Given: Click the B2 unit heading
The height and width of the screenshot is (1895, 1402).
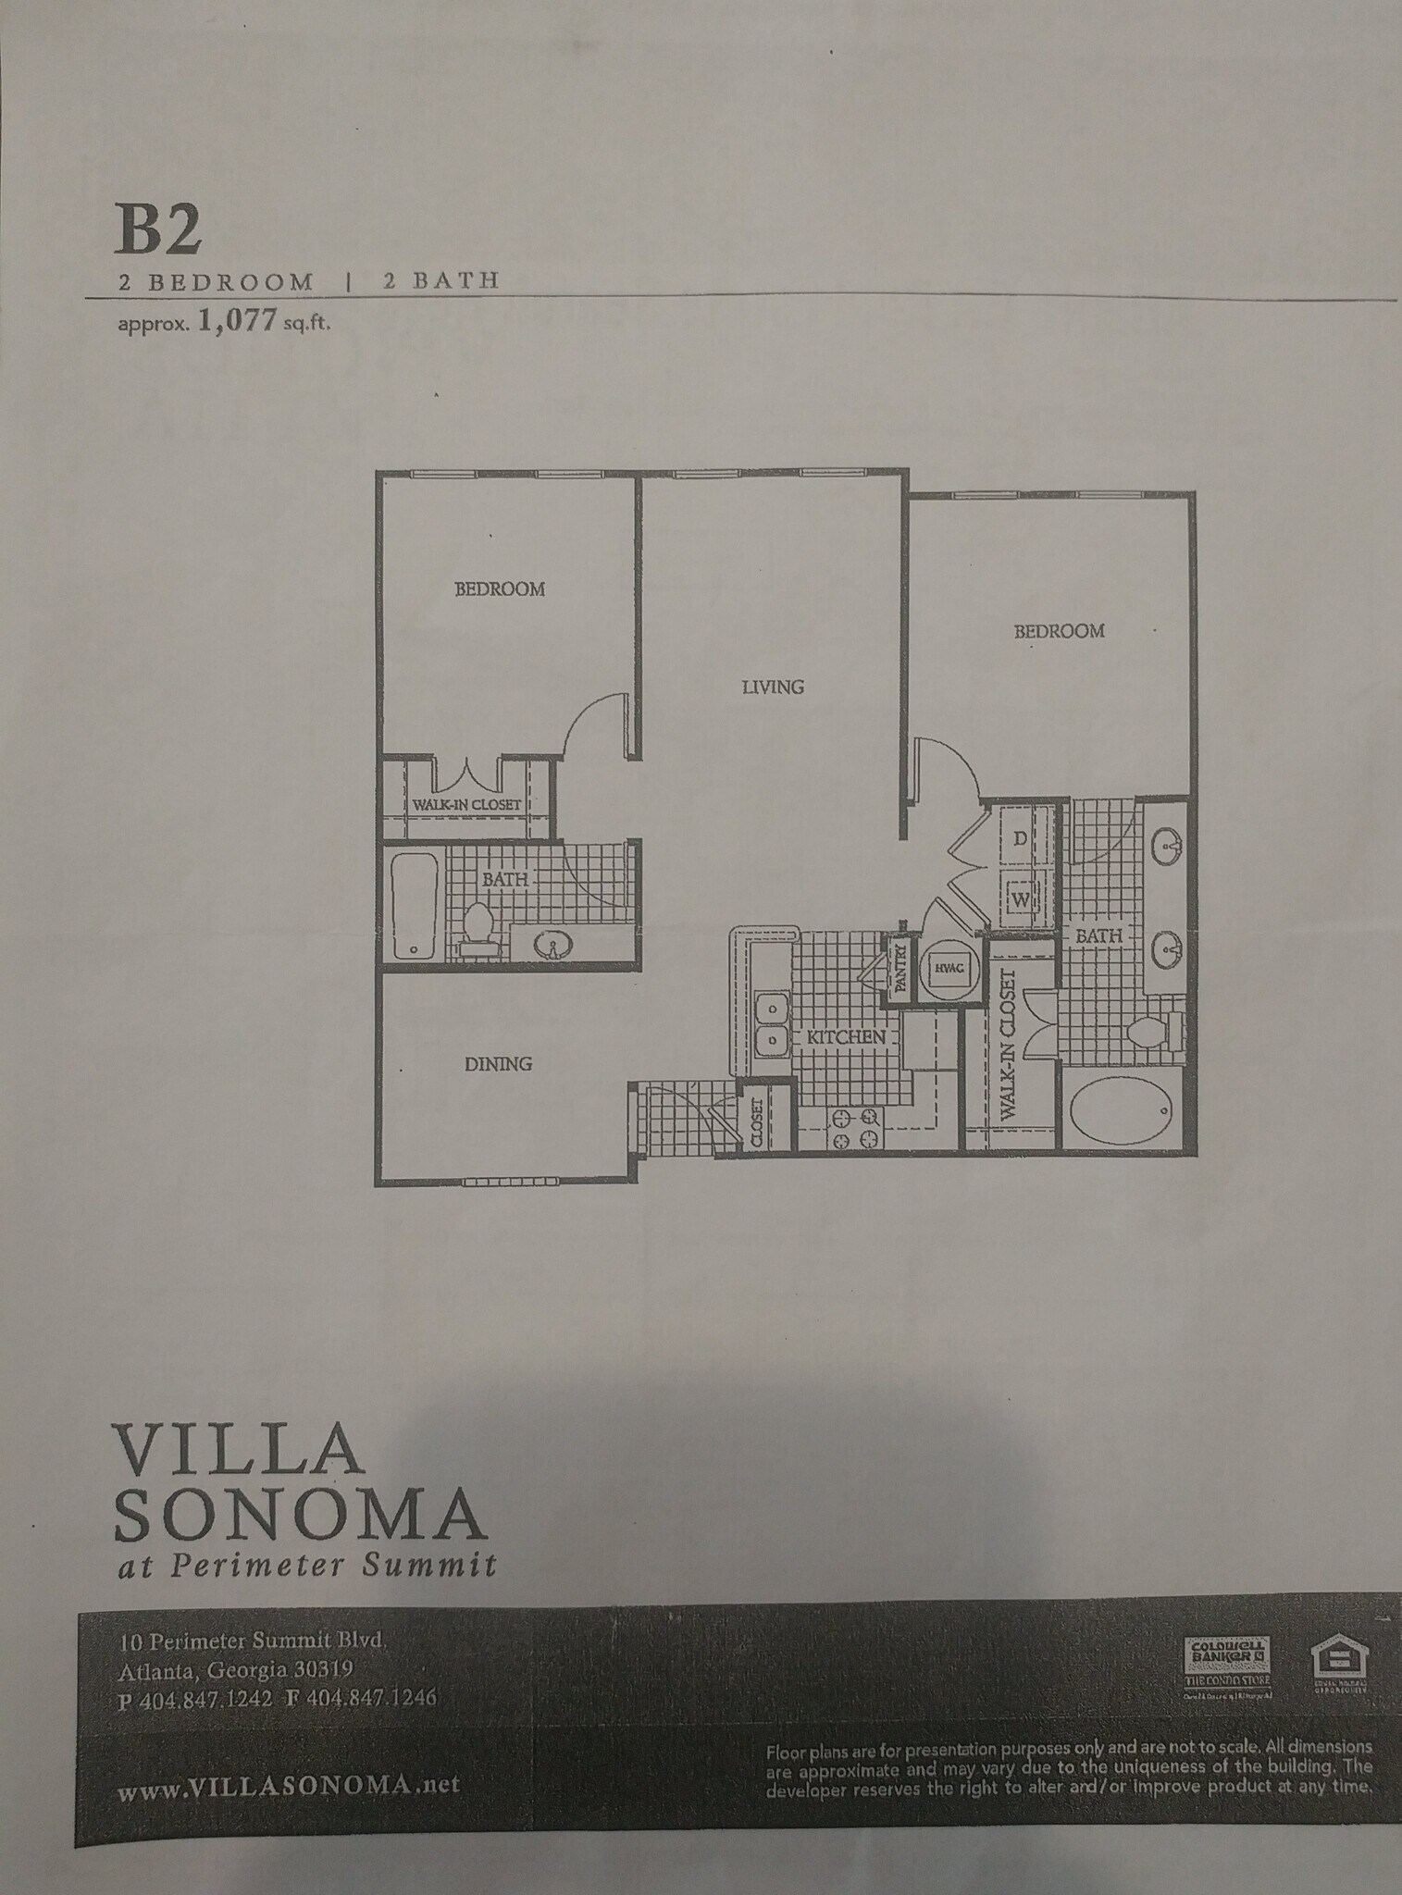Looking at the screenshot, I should tap(158, 231).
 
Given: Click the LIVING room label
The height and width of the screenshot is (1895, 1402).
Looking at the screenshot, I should tap(773, 687).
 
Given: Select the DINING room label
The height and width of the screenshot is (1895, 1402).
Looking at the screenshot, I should tap(498, 1064).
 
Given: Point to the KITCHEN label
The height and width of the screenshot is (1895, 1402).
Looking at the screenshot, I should tap(846, 1037).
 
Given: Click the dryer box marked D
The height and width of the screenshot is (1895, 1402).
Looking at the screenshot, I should tap(1021, 839).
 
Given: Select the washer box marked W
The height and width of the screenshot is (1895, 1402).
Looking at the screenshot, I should tap(1022, 898).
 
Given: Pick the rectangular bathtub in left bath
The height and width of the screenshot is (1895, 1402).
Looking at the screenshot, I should tap(407, 907).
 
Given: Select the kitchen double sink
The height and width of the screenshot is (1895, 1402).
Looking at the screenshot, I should tap(770, 1023).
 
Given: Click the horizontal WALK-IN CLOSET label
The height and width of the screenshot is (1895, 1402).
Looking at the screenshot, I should tap(466, 804).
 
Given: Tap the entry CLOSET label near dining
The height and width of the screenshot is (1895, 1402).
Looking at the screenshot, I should tap(756, 1123).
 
